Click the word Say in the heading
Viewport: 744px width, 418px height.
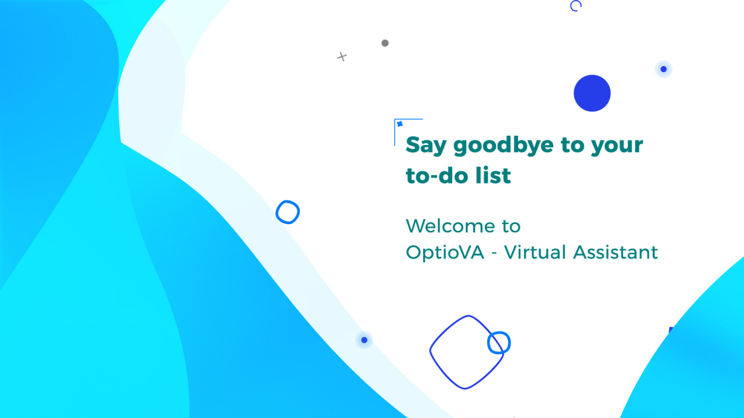click(x=426, y=145)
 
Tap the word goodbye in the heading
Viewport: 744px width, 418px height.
click(x=503, y=145)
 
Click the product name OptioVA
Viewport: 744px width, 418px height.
click(x=445, y=253)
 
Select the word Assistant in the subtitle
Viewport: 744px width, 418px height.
click(x=616, y=252)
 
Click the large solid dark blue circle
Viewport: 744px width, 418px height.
click(x=592, y=93)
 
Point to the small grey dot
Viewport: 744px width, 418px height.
click(x=385, y=43)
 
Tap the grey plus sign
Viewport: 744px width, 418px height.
click(x=342, y=57)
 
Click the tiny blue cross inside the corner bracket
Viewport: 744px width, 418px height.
click(x=400, y=124)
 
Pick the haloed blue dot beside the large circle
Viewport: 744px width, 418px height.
click(x=664, y=69)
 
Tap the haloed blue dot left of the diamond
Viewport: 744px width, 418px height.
click(x=364, y=340)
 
